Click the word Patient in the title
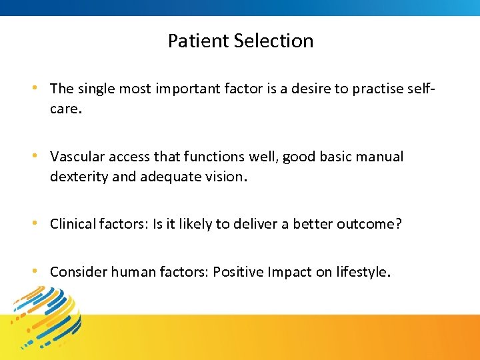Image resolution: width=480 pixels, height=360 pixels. coord(189,41)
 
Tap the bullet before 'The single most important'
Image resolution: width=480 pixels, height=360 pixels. coord(41,89)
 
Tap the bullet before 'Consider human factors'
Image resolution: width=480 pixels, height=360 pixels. coord(41,272)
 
